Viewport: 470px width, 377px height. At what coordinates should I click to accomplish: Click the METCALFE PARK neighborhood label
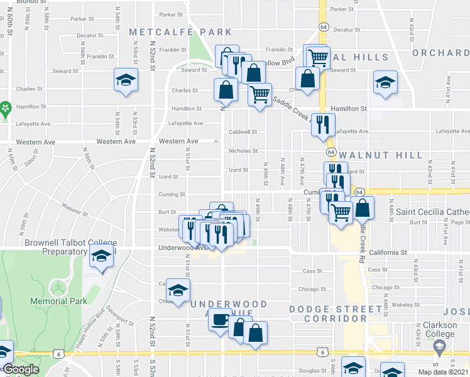point(180,32)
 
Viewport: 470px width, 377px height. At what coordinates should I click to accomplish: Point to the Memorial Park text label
point(58,301)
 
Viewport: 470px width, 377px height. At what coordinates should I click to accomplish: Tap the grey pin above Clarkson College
point(439,346)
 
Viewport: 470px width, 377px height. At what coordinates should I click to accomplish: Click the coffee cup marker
point(219,320)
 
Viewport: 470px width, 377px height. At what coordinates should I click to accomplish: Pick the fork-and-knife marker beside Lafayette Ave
point(322,124)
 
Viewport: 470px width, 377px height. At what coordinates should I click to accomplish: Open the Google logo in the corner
point(21,369)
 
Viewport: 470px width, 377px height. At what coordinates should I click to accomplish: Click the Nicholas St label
point(243,151)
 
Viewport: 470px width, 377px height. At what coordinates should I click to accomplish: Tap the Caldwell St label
point(243,132)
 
